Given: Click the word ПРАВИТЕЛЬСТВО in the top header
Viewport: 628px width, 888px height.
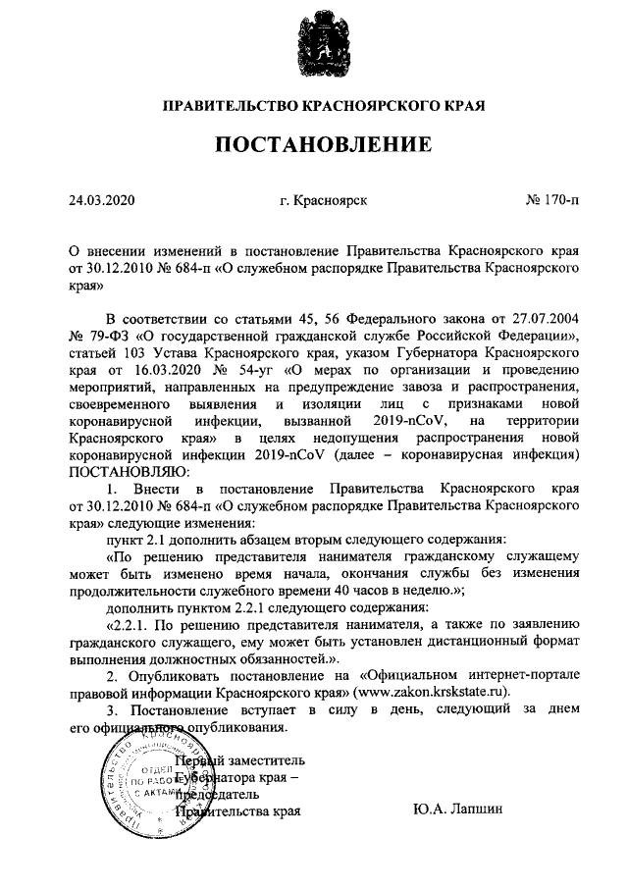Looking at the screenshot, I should [x=222, y=104].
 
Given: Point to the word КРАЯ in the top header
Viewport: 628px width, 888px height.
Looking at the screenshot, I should [x=465, y=104].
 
